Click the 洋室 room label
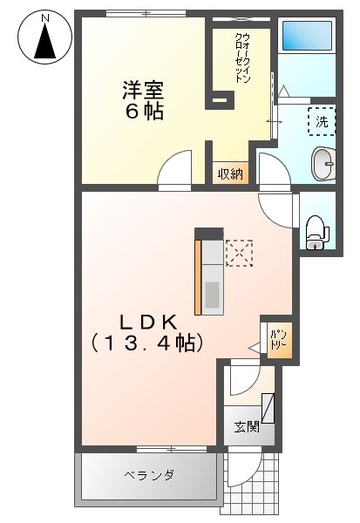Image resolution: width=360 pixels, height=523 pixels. pyautogui.click(x=143, y=90)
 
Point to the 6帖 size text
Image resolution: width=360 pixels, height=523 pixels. pyautogui.click(x=143, y=112)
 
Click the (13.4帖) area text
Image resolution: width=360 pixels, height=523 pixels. pyautogui.click(x=147, y=343)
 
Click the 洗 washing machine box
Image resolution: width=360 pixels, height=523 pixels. pyautogui.click(x=321, y=122)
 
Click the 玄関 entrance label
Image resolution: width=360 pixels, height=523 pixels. pyautogui.click(x=247, y=427)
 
